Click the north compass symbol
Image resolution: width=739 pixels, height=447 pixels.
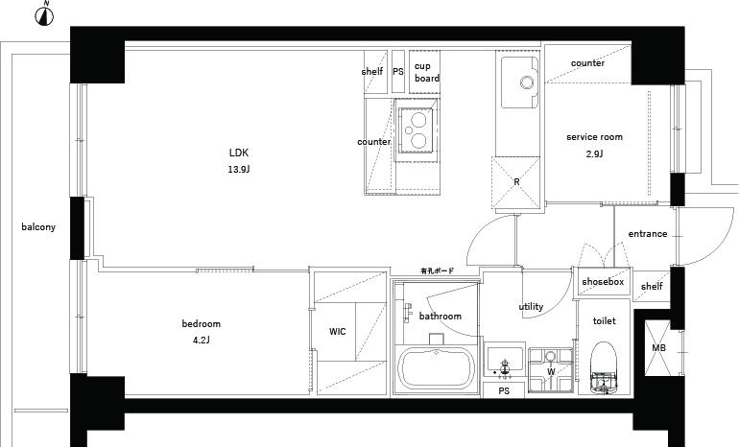(x=44, y=14)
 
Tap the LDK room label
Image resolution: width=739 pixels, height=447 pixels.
(x=238, y=153)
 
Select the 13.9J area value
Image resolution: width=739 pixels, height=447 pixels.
(x=238, y=170)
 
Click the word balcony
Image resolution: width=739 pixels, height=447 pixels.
(x=38, y=227)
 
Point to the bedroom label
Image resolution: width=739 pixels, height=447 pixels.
(x=202, y=323)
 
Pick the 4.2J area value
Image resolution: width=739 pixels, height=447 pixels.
(x=202, y=340)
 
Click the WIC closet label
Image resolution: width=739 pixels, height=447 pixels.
(x=338, y=332)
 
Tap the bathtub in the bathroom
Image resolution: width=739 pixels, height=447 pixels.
(x=436, y=368)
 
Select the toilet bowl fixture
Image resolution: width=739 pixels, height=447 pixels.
(x=604, y=367)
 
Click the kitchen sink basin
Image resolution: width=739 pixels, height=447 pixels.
(x=520, y=82)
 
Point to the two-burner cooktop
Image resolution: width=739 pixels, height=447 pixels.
(x=417, y=130)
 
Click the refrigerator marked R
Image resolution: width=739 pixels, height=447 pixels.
(x=516, y=182)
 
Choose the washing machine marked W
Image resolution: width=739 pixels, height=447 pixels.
(x=551, y=370)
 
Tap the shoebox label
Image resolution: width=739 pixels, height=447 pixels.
(x=603, y=282)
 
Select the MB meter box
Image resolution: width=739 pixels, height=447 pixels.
(x=658, y=348)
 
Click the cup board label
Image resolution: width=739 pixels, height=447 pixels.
(x=427, y=72)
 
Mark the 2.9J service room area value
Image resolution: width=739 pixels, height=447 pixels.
(x=594, y=153)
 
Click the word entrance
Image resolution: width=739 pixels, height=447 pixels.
(x=648, y=234)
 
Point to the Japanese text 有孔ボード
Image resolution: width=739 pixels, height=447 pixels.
(x=438, y=271)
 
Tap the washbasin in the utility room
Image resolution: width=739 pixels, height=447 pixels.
(x=505, y=362)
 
